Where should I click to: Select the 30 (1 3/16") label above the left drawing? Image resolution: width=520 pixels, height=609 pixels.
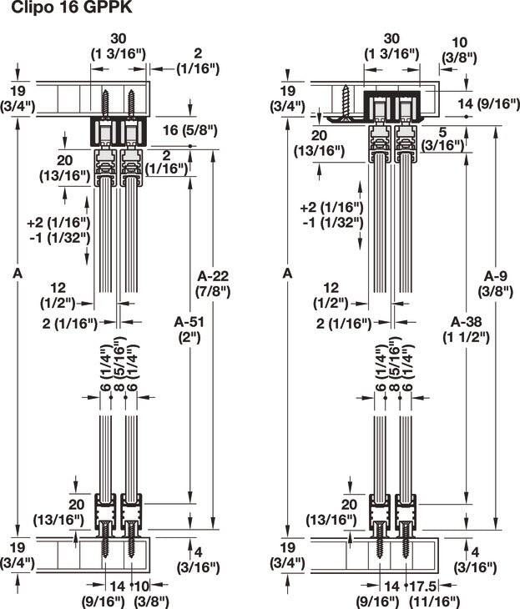118,45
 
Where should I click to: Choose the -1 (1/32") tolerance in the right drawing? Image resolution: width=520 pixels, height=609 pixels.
331,221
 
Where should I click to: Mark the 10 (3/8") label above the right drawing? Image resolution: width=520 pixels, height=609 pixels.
459,49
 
